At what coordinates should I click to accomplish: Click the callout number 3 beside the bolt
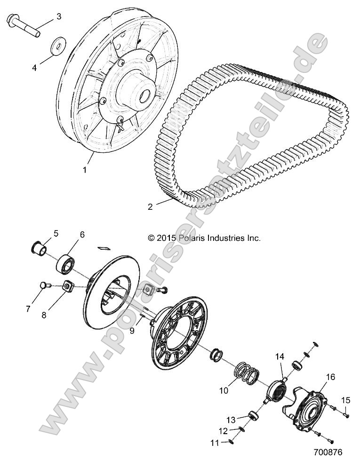tap(59, 17)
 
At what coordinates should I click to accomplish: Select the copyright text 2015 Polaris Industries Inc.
tap(204, 238)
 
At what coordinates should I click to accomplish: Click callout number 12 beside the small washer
tap(223, 431)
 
